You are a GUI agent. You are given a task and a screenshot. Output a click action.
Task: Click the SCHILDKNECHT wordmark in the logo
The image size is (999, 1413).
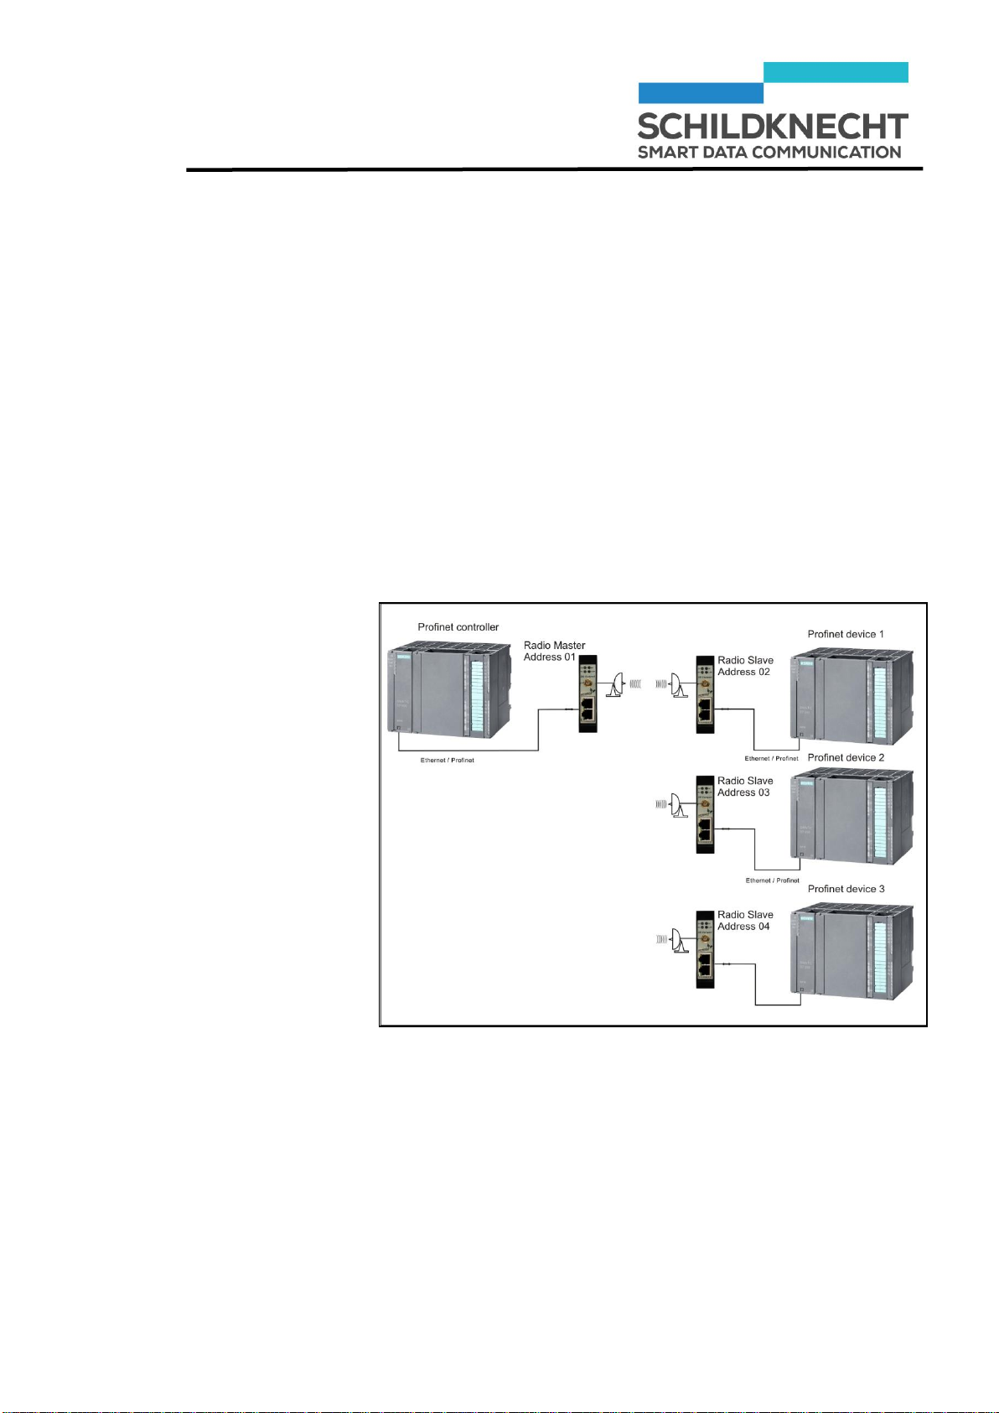(772, 127)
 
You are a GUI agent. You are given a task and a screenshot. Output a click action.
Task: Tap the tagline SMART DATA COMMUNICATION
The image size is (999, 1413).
(769, 153)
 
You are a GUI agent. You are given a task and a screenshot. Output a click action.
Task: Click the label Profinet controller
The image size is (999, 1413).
(458, 627)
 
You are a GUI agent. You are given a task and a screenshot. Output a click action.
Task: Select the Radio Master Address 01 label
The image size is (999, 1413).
(554, 651)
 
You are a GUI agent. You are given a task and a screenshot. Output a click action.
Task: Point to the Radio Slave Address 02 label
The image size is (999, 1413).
(744, 666)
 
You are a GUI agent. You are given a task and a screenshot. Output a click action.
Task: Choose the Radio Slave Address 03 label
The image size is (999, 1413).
(744, 787)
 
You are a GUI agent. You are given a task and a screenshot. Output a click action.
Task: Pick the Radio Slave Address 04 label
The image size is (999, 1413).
(744, 921)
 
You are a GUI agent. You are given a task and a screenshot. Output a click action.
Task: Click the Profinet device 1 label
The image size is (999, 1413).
(845, 634)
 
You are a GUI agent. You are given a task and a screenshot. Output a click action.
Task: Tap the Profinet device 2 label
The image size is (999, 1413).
(845, 757)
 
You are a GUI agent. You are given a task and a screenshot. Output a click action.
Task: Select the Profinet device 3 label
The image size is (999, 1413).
(845, 889)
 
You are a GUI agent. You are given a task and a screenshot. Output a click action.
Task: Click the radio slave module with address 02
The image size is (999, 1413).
(704, 695)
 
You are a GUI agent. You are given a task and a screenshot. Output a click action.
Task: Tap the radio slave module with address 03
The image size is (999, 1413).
(704, 814)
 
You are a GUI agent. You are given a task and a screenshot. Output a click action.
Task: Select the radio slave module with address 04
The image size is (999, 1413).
(704, 948)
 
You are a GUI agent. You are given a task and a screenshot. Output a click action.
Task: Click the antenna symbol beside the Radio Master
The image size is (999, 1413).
(616, 684)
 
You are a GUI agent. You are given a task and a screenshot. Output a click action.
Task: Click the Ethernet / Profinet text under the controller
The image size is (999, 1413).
(447, 761)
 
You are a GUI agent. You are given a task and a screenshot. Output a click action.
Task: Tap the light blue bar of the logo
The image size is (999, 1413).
(836, 72)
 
